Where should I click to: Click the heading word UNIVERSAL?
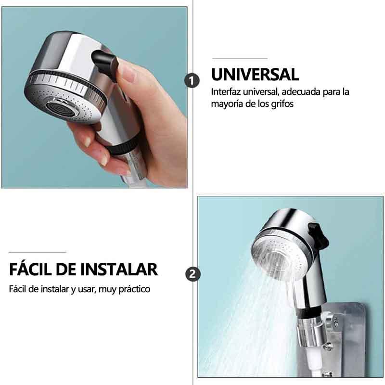coord(255,75)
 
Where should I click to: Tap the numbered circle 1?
coord(192,80)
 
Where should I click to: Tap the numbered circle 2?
coord(193,274)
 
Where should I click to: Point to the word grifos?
coord(282,104)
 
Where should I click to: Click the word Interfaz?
coord(226,92)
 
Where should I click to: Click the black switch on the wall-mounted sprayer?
coord(318,235)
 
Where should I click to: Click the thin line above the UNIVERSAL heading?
coord(240,58)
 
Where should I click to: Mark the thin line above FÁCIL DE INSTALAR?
coord(38,252)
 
